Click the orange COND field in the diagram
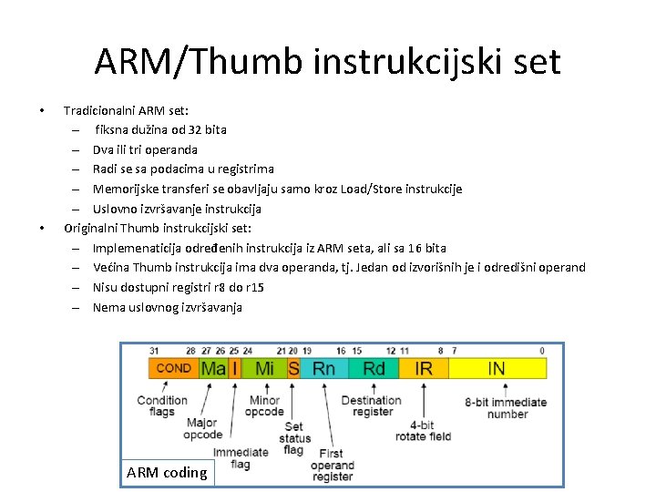pos(173,368)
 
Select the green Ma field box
pos(213,368)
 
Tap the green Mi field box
pos(264,368)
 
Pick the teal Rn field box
pos(324,368)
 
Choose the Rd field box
pos(374,368)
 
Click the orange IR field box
pos(424,368)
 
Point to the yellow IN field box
pos(497,368)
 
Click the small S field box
pos(293,368)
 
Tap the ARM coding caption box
pos(167,472)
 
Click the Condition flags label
pos(162,405)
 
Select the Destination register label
pos(371,405)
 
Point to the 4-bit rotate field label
pos(422,430)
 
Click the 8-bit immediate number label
pos(507,407)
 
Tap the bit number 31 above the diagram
pos(153,351)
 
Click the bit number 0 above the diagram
pos(542,351)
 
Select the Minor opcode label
pos(265,405)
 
